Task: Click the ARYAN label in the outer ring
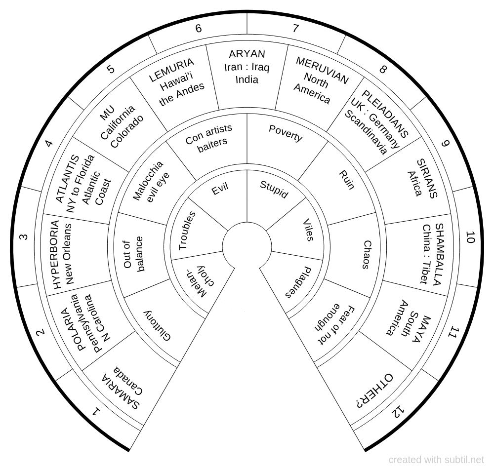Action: [247, 54]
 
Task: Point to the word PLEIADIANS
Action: [385, 114]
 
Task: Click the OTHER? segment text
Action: [374, 390]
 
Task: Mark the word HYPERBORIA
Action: [55, 255]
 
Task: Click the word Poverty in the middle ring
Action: [286, 133]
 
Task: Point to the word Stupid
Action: [274, 189]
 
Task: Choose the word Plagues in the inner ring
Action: [298, 283]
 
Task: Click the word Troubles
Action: [187, 231]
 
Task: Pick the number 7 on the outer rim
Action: [295, 29]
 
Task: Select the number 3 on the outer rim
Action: [24, 237]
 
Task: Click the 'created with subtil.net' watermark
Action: [436, 460]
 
